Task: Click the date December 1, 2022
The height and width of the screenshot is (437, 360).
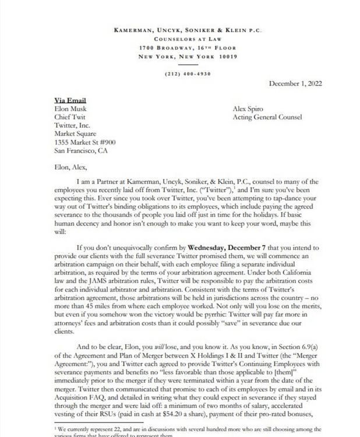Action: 295,83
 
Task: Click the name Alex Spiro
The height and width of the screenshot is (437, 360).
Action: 248,108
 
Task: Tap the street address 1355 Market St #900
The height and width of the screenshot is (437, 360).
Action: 84,142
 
